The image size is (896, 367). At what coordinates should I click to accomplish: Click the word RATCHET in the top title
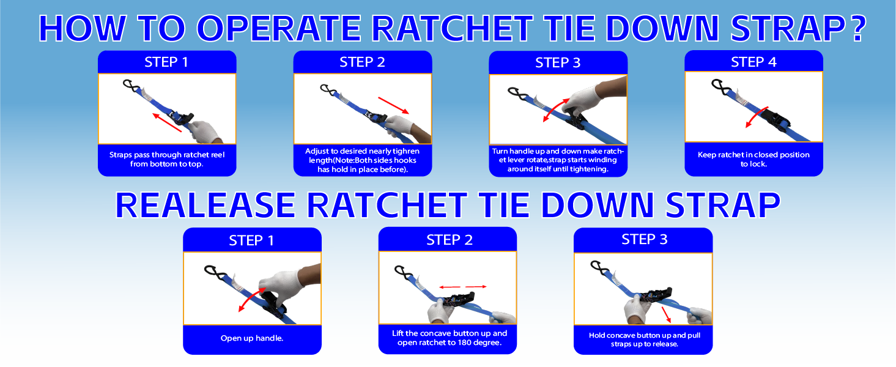pyautogui.click(x=453, y=28)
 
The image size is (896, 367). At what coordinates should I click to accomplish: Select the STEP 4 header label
pyautogui.click(x=753, y=62)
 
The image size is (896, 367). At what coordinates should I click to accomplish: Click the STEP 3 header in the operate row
pyautogui.click(x=558, y=62)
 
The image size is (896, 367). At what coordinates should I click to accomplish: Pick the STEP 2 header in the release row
pyautogui.click(x=450, y=240)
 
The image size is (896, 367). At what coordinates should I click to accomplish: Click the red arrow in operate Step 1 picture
pyautogui.click(x=167, y=122)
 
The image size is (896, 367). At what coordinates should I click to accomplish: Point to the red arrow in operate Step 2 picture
pyautogui.click(x=394, y=105)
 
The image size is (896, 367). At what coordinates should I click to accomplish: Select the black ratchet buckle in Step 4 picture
pyautogui.click(x=775, y=119)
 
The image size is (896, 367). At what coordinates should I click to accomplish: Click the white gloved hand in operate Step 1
pyautogui.click(x=205, y=132)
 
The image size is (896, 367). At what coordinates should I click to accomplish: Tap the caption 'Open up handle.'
pyautogui.click(x=252, y=338)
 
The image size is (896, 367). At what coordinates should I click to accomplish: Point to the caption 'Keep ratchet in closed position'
pyautogui.click(x=753, y=155)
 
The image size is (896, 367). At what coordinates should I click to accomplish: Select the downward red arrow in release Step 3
pyautogui.click(x=666, y=314)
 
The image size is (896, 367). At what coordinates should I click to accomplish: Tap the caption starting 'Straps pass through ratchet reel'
pyautogui.click(x=167, y=159)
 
